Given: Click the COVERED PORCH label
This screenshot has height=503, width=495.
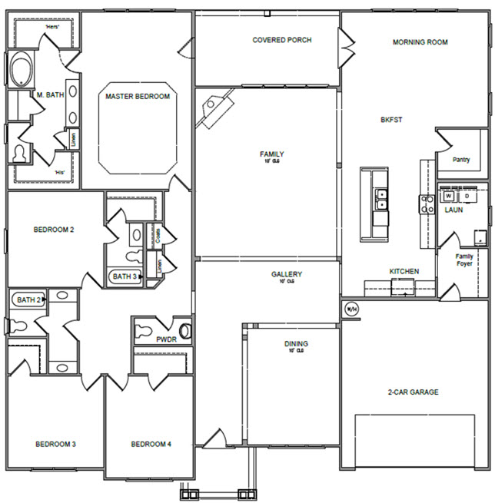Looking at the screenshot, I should point(282,40).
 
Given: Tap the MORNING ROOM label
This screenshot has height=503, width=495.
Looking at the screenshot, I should point(420,42).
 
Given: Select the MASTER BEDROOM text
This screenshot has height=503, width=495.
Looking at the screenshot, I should point(138,97).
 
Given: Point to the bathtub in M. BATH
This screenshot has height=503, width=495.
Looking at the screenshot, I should point(20,71).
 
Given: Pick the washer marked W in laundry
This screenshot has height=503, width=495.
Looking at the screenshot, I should point(448,196).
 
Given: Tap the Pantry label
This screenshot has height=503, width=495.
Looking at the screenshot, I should point(461,160).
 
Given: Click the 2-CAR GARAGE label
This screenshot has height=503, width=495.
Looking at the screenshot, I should point(413,392).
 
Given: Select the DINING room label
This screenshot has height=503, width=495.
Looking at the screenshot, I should point(296,344).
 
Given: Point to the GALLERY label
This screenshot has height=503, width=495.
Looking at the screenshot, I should point(286,274).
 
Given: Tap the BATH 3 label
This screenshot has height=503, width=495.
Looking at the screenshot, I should point(125,276).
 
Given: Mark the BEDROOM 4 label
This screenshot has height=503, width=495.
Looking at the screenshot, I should point(151,444).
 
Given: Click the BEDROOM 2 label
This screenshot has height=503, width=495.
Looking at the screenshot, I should point(53,229).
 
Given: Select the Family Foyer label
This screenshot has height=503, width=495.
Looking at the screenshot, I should point(464,260).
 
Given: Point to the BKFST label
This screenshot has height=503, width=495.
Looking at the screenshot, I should point(391,120).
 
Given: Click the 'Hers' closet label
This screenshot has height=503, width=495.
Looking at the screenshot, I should point(52,26).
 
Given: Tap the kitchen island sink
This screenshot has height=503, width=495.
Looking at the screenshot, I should point(380,200).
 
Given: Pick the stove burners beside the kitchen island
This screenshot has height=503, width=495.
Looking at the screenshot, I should point(427,204).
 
